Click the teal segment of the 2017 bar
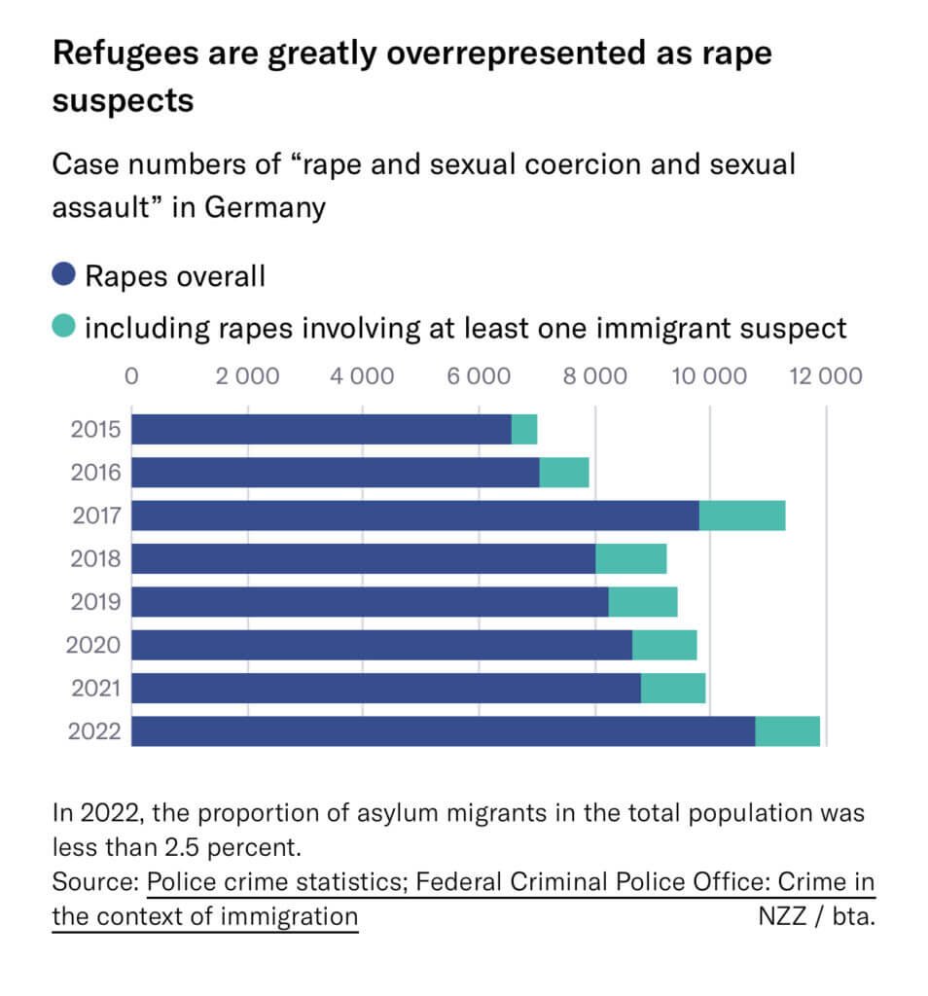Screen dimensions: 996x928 pyautogui.click(x=741, y=516)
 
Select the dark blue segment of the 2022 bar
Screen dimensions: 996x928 pyautogui.click(x=443, y=731)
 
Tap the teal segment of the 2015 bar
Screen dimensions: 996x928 pyautogui.click(x=524, y=429)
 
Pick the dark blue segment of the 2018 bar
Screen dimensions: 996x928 pyautogui.click(x=363, y=558)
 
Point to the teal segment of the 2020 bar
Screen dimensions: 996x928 pyautogui.click(x=664, y=645)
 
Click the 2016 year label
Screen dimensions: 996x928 pyautogui.click(x=95, y=473)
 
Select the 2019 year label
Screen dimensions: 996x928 pyautogui.click(x=95, y=602)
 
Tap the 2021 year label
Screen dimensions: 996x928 pyautogui.click(x=95, y=689)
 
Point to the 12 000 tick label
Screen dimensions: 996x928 pyautogui.click(x=825, y=375)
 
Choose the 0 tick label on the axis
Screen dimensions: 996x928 pyautogui.click(x=132, y=375)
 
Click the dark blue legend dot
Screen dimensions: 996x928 pyautogui.click(x=64, y=275)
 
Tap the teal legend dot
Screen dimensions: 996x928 pyautogui.click(x=64, y=327)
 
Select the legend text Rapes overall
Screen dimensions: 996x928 pyautogui.click(x=175, y=276)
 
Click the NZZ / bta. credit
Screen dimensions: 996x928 pyautogui.click(x=815, y=916)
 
